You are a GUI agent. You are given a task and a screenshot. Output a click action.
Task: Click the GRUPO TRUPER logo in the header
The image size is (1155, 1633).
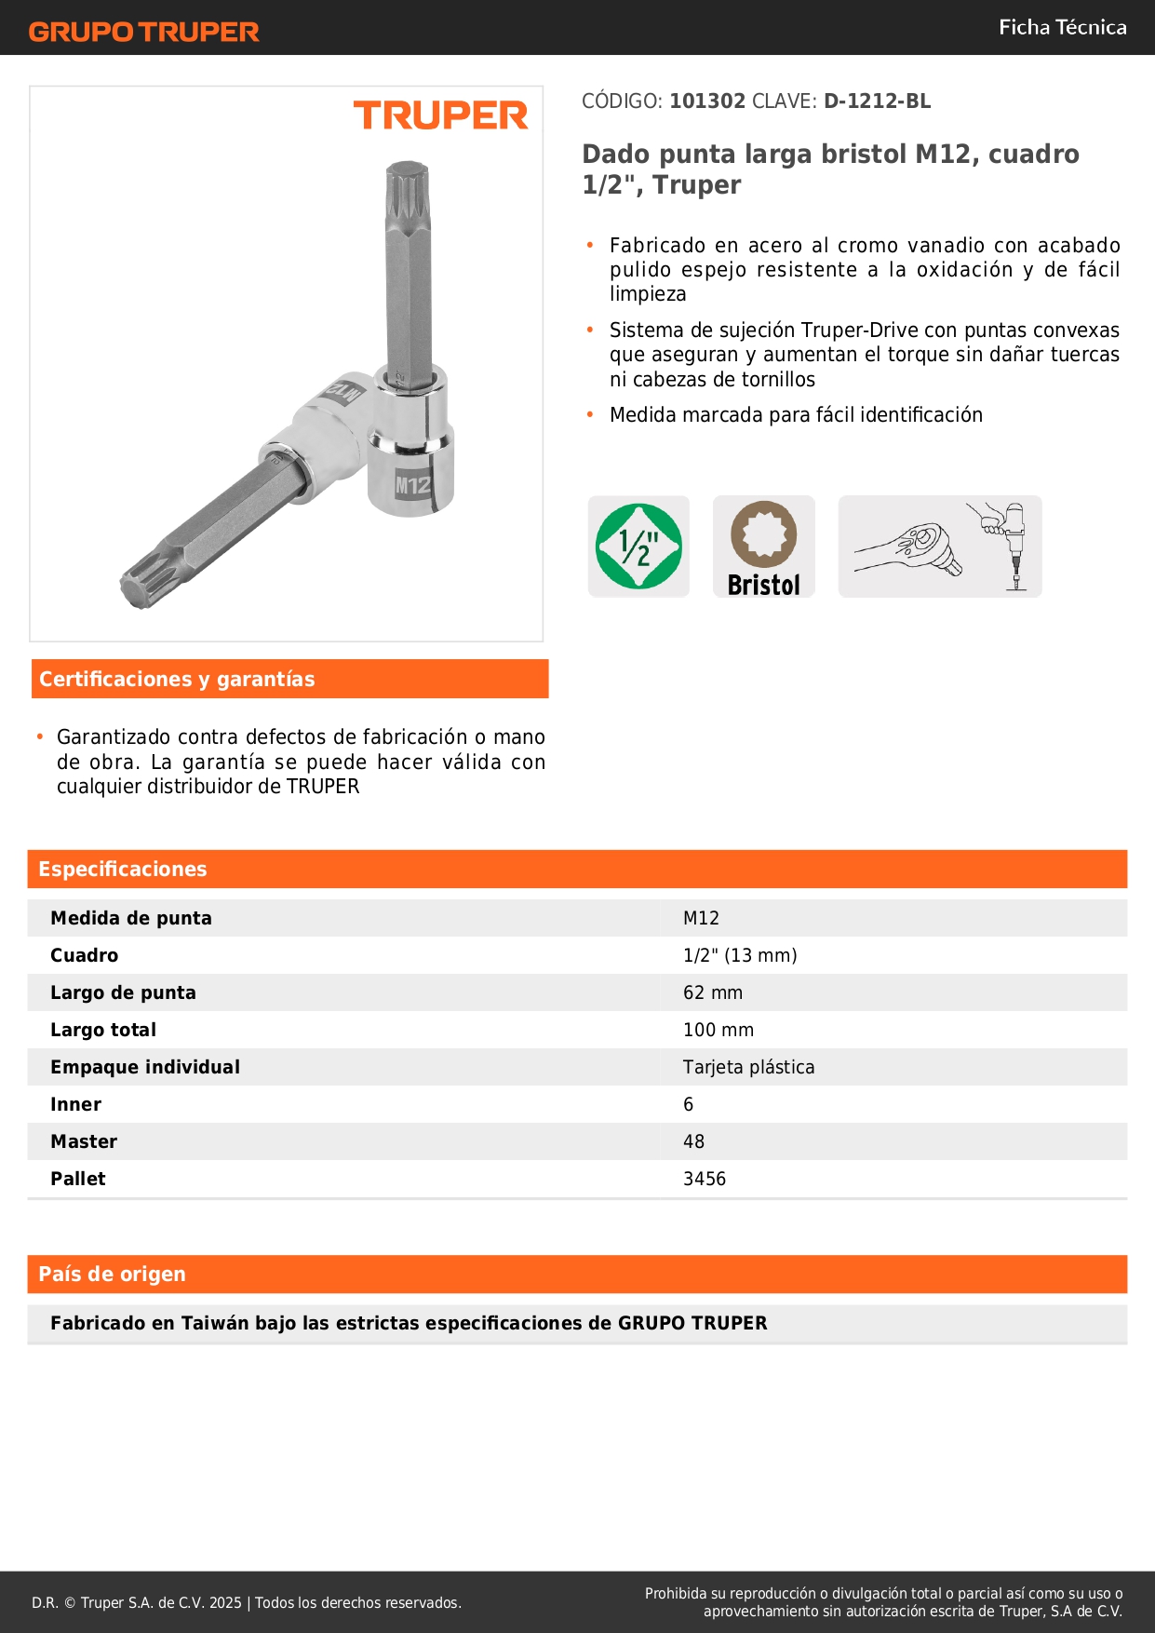[x=143, y=32]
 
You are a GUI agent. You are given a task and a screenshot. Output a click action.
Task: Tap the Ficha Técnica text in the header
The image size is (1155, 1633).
[x=1062, y=27]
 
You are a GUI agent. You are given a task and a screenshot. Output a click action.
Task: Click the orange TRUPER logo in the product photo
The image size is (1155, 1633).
[x=440, y=115]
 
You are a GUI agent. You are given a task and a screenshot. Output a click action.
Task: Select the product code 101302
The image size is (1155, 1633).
[x=707, y=101]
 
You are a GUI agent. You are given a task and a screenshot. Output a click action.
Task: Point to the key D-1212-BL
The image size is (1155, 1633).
[x=877, y=101]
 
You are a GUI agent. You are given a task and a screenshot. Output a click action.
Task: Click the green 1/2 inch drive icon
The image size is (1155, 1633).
[x=638, y=547]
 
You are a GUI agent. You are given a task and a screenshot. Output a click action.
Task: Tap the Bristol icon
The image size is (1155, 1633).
[x=763, y=547]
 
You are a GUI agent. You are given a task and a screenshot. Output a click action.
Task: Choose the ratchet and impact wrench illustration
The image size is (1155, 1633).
[x=939, y=547]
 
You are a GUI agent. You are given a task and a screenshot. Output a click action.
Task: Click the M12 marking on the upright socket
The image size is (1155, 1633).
[x=412, y=485]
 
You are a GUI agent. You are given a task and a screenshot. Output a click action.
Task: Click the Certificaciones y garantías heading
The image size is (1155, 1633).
[x=177, y=680]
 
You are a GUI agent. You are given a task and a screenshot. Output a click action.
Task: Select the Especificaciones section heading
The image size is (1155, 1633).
[x=123, y=870]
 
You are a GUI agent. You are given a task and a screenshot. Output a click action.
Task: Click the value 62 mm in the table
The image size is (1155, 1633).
[x=713, y=992]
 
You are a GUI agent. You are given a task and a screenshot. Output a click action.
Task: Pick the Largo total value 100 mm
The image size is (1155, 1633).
[x=719, y=1030]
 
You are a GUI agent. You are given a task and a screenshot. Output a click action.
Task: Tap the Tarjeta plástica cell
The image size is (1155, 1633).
[x=748, y=1067]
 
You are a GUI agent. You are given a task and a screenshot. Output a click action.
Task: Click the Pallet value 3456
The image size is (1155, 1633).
[x=705, y=1179]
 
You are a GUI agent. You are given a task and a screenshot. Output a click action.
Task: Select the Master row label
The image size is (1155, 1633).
[x=84, y=1141]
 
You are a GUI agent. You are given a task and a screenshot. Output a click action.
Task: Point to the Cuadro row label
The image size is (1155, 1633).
[x=84, y=955]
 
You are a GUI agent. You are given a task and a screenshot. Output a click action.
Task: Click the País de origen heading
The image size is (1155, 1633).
[x=112, y=1275]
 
